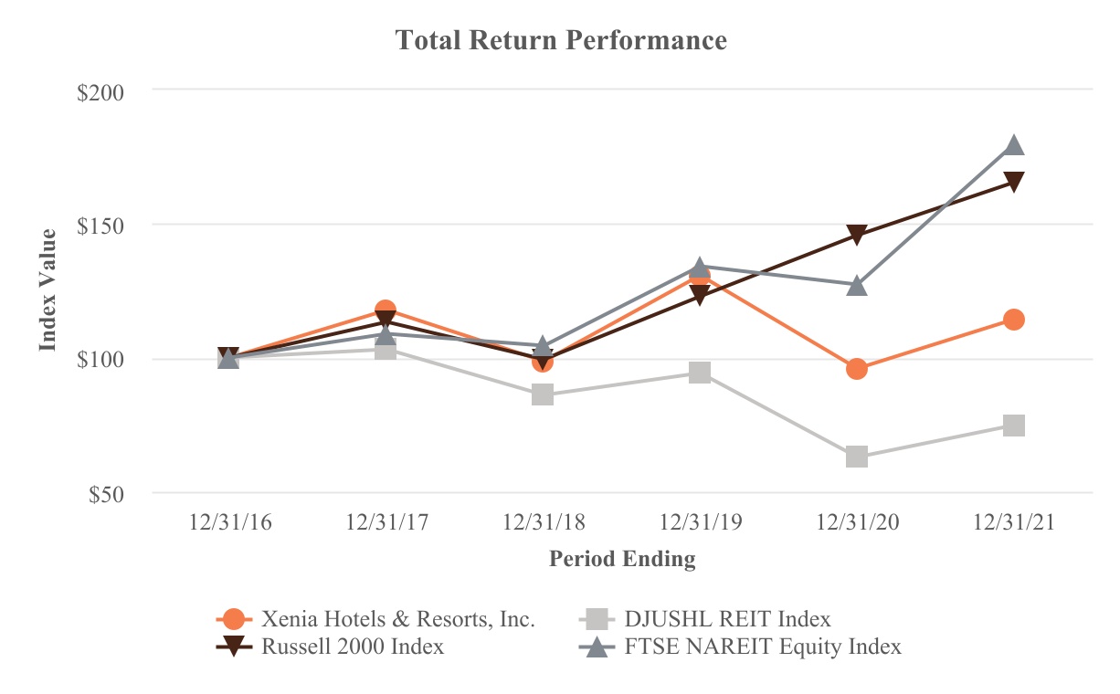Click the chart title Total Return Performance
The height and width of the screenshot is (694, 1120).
561,41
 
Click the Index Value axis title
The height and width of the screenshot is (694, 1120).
48,289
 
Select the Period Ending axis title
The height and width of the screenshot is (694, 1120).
622,559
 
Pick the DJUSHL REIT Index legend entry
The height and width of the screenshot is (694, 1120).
727,619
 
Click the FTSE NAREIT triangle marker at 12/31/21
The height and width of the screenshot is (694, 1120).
1014,146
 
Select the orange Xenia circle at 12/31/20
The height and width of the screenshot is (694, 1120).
857,369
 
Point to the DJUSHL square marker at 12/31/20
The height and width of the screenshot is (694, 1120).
857,457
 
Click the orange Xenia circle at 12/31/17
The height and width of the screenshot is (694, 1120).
386,311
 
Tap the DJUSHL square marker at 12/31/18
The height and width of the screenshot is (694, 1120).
543,394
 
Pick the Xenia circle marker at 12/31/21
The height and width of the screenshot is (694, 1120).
1014,320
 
